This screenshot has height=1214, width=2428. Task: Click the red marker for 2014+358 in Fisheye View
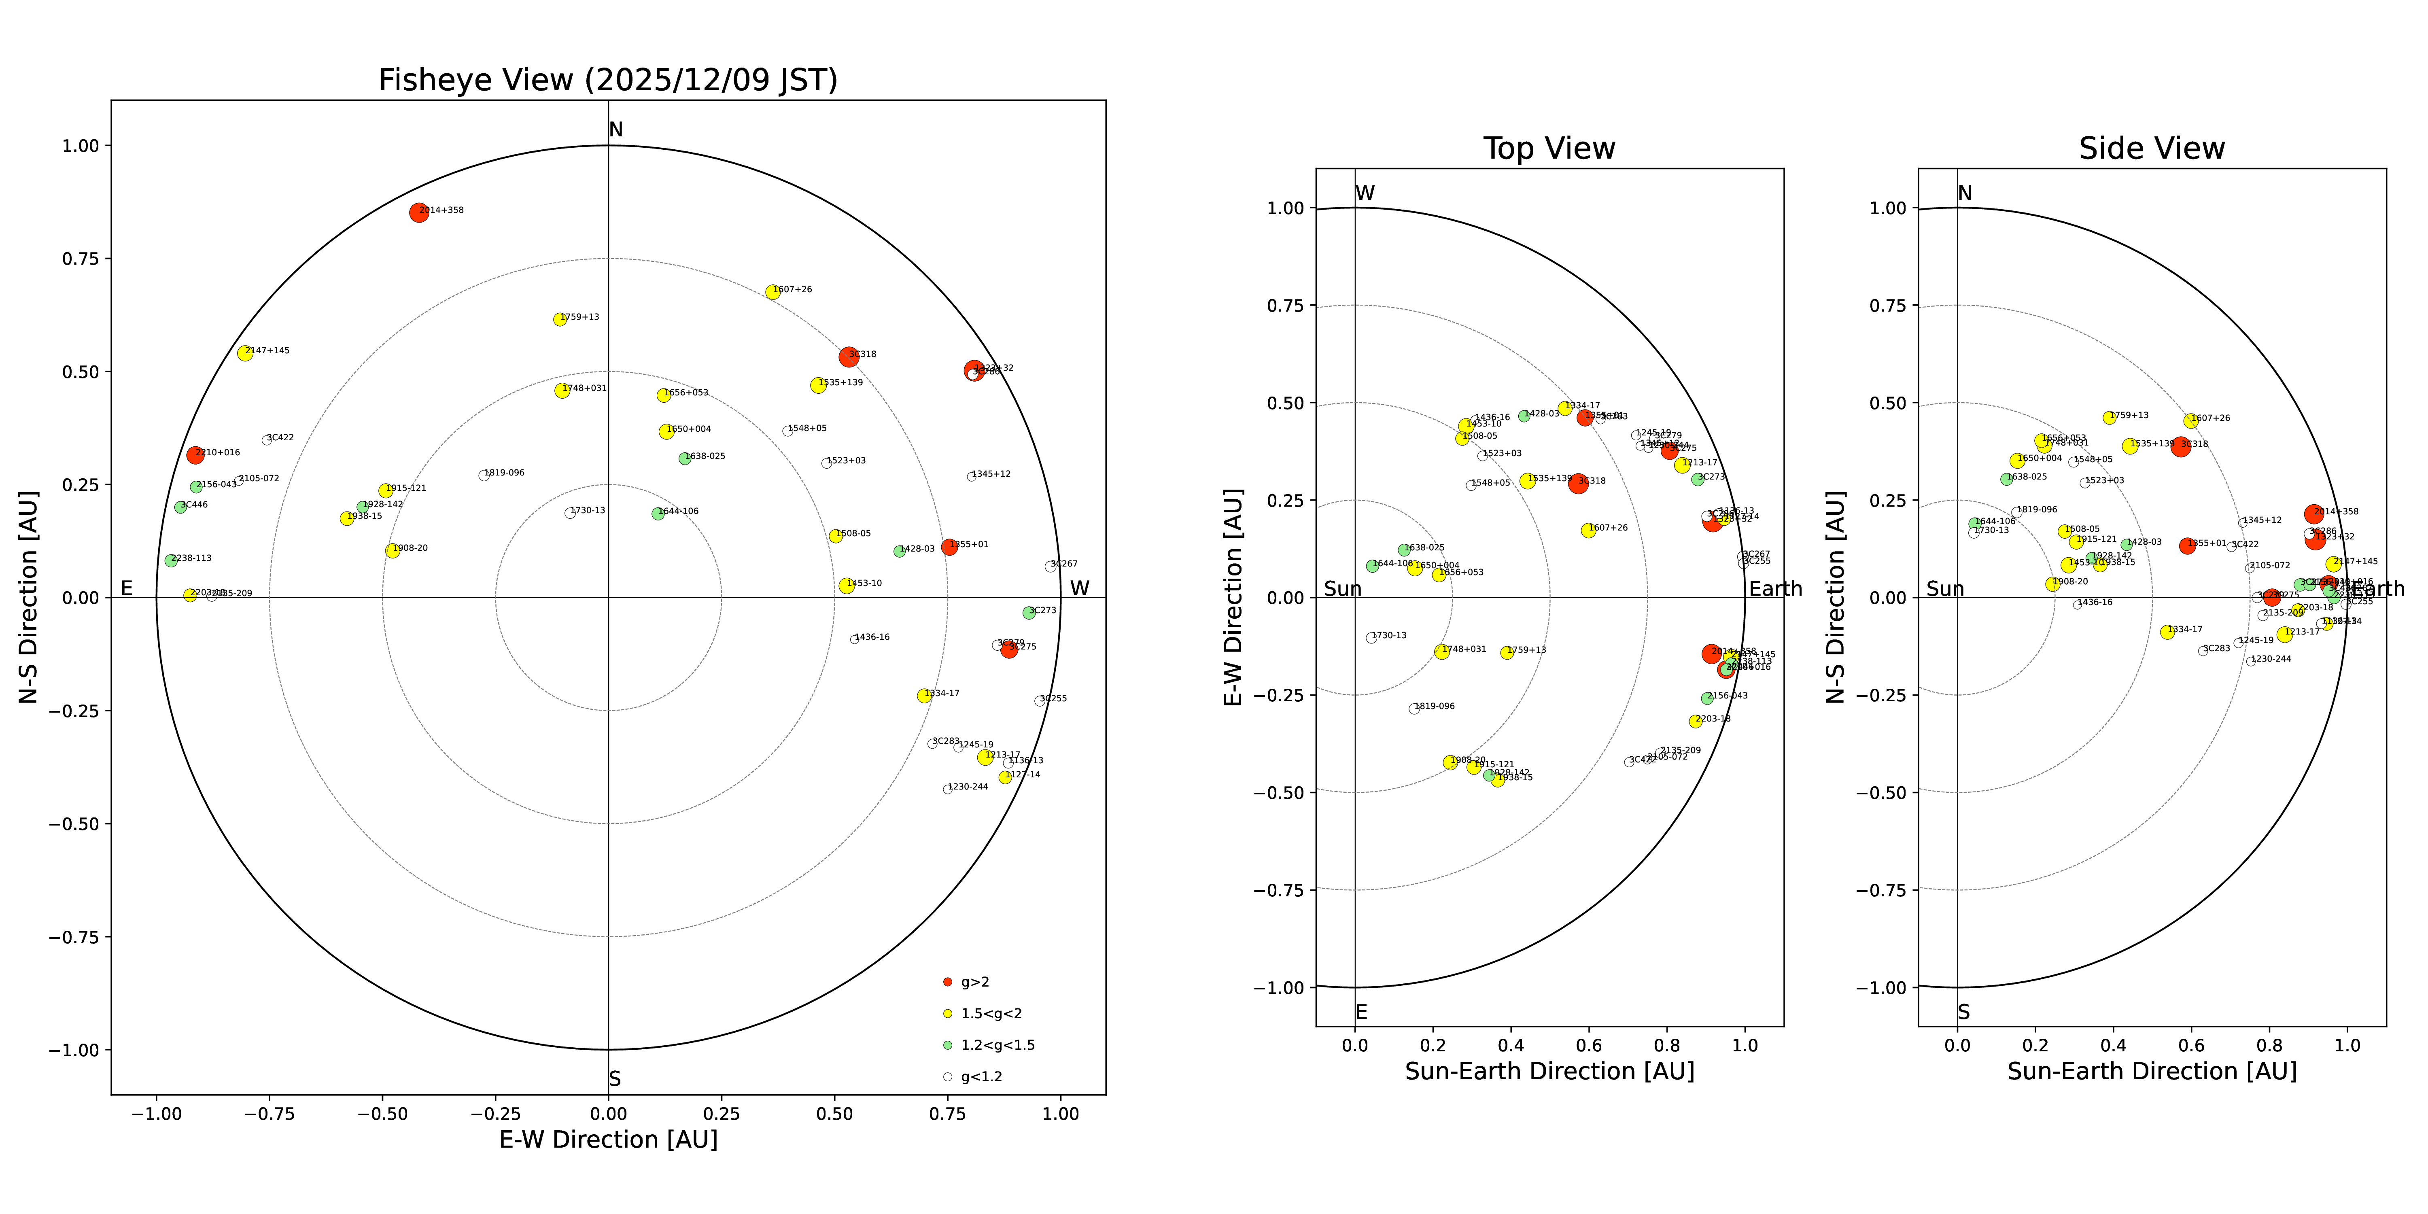click(418, 212)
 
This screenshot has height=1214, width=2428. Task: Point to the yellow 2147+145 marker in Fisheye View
click(245, 352)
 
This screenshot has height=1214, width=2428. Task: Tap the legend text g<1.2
click(981, 1076)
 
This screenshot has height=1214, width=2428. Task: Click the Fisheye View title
click(608, 80)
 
